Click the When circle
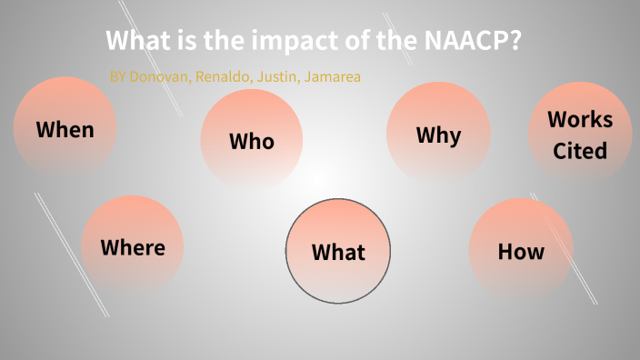point(65,128)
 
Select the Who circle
point(251,140)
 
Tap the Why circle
point(438,135)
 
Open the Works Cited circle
point(580,134)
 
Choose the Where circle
point(133,246)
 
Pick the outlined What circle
point(338,251)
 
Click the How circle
point(521,250)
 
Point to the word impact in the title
point(277,42)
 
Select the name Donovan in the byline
point(159,77)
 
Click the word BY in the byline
point(117,77)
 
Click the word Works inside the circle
point(580,119)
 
